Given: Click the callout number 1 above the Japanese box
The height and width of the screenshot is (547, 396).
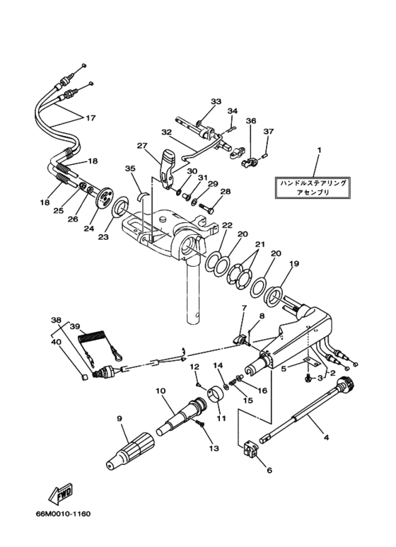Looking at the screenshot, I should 319,150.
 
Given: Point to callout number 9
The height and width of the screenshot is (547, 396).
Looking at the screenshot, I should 120,419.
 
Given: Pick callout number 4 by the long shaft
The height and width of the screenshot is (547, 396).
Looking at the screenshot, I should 326,437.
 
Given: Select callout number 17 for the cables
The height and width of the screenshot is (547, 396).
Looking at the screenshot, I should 91,118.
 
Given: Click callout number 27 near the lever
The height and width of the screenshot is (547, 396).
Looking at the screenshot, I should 142,146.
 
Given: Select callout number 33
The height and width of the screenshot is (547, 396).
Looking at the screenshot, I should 216,101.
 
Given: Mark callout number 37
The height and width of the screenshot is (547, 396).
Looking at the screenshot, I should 268,132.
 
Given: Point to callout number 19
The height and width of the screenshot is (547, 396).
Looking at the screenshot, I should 294,264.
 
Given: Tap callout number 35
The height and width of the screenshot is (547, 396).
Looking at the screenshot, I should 129,168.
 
